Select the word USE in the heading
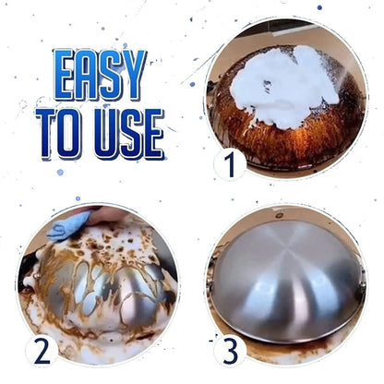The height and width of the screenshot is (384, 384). click(x=128, y=133)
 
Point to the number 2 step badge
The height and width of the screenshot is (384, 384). click(x=40, y=350)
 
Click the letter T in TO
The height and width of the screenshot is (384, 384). click(x=47, y=133)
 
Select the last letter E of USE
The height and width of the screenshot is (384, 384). click(x=152, y=133)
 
